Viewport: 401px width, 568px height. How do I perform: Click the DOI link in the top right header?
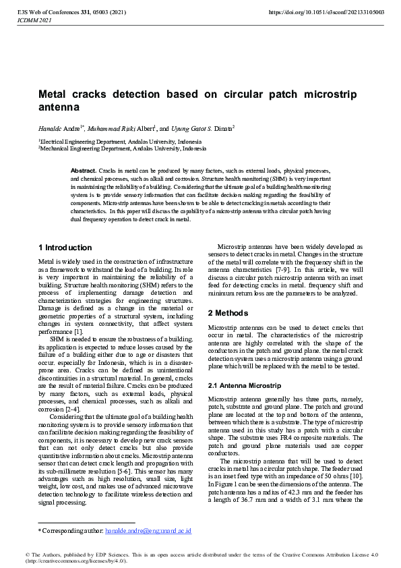[x=326, y=12]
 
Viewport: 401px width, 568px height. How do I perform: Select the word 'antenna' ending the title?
[x=58, y=107]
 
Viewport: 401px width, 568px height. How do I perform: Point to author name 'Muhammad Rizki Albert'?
[x=121, y=127]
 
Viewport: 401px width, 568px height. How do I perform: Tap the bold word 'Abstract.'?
[x=84, y=172]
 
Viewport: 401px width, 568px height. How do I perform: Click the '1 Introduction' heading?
[x=65, y=248]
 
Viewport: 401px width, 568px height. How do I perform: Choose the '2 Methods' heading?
[x=228, y=313]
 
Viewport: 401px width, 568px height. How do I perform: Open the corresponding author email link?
[x=148, y=531]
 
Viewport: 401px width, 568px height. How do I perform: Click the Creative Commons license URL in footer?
[x=77, y=561]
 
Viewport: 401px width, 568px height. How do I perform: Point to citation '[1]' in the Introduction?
[x=78, y=331]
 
